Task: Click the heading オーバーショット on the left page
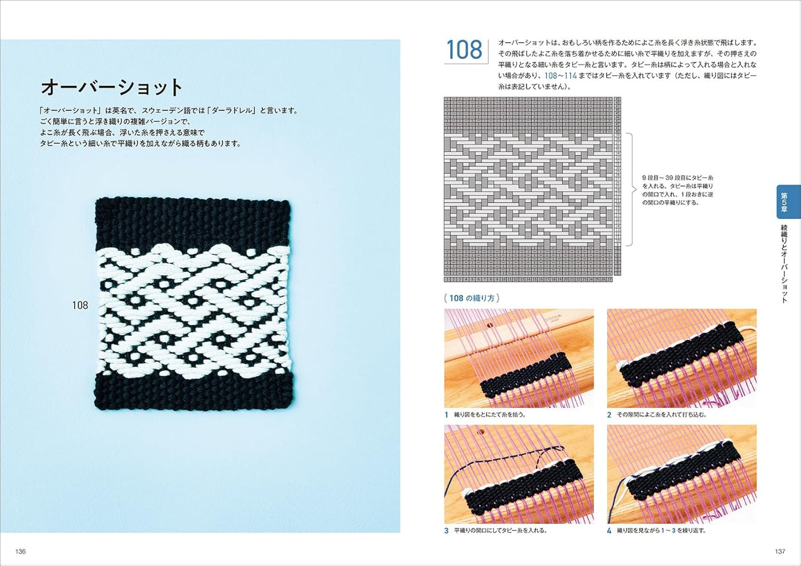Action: pos(112,87)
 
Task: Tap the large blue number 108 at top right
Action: pos(464,50)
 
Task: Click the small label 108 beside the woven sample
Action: pos(80,306)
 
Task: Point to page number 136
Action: pos(21,551)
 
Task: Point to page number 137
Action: pos(780,551)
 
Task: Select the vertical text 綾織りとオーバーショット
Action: pos(784,263)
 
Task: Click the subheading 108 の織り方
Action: pos(472,298)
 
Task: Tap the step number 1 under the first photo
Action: pos(447,415)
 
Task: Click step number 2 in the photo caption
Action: pos(609,415)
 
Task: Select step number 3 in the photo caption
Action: pos(447,531)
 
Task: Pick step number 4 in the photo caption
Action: pos(609,531)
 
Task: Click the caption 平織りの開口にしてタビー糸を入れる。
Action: pos(500,531)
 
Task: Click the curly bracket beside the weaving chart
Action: pos(631,190)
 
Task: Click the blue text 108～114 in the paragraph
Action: pos(561,76)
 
